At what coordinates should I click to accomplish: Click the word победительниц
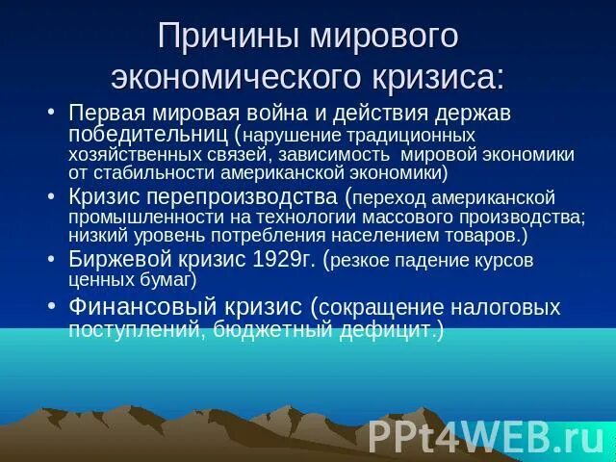pos(147,133)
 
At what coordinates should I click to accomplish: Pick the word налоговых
pos(503,307)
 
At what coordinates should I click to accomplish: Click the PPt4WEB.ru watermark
pos(485,436)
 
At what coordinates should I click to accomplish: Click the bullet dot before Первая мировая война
pos(54,113)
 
